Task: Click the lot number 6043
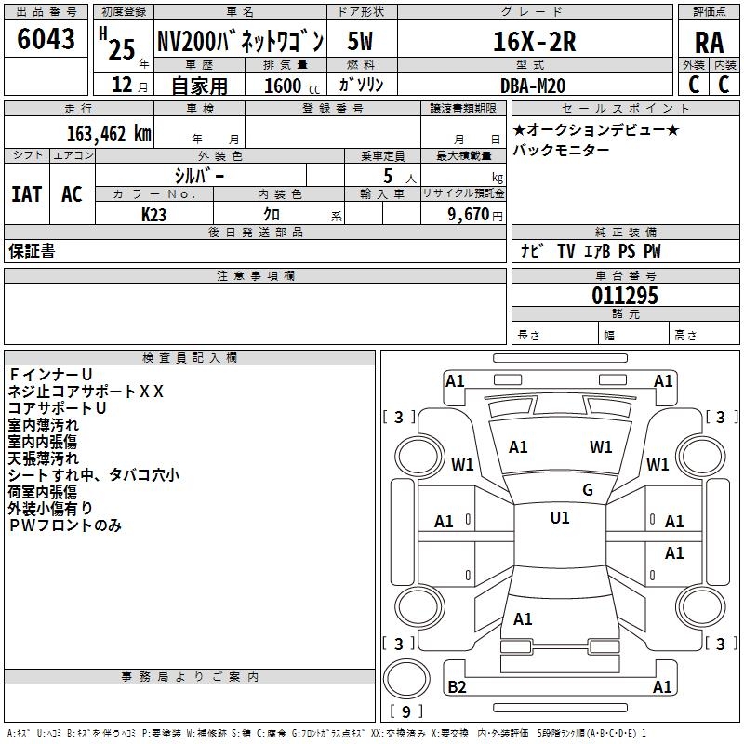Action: click(x=46, y=39)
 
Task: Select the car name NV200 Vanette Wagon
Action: click(x=240, y=41)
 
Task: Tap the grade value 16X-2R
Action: click(x=534, y=41)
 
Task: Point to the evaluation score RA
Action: click(x=709, y=43)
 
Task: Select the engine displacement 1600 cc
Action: click(x=288, y=86)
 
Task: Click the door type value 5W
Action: click(x=362, y=41)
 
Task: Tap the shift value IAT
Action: click(x=26, y=194)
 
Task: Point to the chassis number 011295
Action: click(x=624, y=297)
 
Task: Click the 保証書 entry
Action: click(x=32, y=251)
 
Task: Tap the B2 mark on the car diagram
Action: click(x=457, y=687)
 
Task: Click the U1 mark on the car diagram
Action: click(x=560, y=518)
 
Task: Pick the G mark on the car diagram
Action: click(x=588, y=490)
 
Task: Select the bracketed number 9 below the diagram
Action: click(x=405, y=712)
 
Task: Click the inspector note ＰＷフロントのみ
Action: click(x=65, y=525)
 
